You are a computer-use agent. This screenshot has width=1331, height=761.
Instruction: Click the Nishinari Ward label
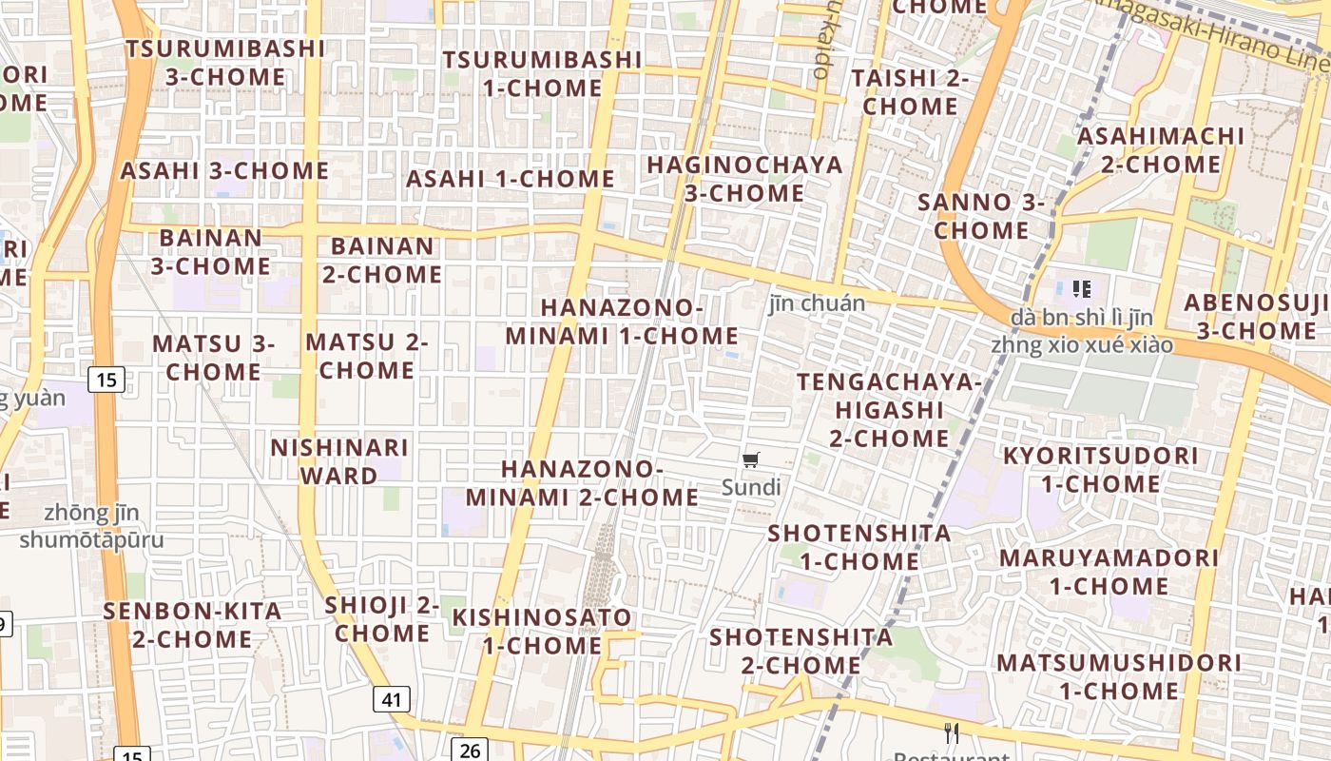pos(339,461)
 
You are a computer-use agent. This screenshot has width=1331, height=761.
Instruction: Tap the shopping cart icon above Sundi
pos(751,460)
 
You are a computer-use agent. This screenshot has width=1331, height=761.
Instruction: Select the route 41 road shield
pos(391,700)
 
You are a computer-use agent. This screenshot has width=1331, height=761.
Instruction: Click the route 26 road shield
pos(470,750)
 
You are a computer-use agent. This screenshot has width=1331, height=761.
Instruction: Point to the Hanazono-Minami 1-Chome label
pos(622,322)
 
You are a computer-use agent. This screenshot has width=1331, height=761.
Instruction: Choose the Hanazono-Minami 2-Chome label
pos(582,483)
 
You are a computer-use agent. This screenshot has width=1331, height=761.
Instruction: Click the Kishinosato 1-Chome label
pos(542,631)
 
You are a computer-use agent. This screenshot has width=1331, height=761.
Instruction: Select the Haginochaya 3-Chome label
pos(744,179)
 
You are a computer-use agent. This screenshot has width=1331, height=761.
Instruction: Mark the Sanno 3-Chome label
pos(981,216)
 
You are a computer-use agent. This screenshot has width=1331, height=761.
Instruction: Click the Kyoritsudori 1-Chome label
pos(1101,469)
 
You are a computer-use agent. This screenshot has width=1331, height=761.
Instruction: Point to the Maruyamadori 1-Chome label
pos(1109,571)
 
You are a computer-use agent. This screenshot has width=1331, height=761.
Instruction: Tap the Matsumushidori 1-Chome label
pos(1119,675)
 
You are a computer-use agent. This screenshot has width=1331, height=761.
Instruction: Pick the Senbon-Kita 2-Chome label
pos(193,624)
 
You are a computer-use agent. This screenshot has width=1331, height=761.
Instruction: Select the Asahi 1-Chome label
pos(511,179)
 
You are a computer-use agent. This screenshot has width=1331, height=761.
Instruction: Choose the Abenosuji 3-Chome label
pos(1257,317)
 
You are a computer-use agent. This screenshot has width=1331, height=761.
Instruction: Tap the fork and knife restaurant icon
pos(952,732)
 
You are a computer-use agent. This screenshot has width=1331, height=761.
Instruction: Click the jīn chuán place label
pos(817,303)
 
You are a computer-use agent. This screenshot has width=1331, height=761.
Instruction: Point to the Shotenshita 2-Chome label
pos(801,650)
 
